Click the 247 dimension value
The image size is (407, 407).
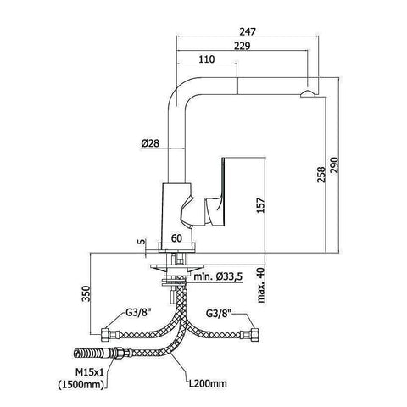click(248, 31)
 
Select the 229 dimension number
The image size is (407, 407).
click(243, 46)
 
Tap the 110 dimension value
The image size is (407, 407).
click(207, 59)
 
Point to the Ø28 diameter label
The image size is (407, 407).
click(150, 143)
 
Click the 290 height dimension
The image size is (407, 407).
click(334, 166)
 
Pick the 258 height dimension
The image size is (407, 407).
click(321, 175)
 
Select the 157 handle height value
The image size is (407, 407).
click(260, 205)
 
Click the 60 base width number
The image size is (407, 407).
click(176, 238)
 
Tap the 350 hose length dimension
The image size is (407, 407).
click(86, 293)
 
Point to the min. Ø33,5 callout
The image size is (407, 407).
click(218, 276)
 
